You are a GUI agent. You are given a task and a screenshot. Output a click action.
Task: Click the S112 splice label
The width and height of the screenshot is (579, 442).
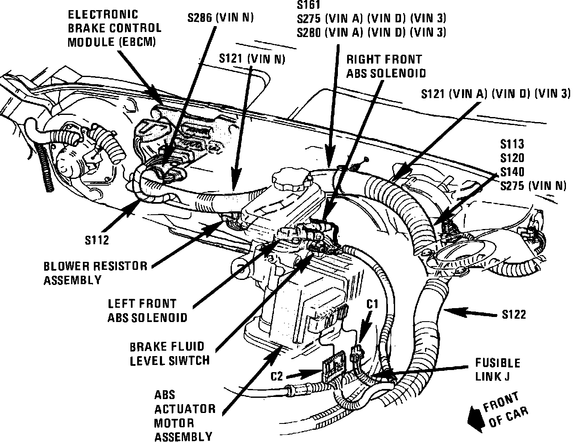[x=97, y=240]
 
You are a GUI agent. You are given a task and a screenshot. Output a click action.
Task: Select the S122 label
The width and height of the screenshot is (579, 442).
[x=514, y=314]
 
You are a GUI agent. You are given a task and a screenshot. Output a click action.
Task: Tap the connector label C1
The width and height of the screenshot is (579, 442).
[x=372, y=304]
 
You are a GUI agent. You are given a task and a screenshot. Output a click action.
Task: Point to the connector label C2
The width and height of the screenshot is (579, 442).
[x=276, y=376]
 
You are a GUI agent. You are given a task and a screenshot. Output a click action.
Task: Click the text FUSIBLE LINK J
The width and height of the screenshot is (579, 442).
[x=497, y=369]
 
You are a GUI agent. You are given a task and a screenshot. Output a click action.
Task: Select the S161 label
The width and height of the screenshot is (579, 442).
[x=308, y=5]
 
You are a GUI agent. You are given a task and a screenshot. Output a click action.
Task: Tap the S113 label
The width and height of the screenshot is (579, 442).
[x=512, y=144]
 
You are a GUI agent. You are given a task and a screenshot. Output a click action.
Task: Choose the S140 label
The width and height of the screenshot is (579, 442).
[x=512, y=172]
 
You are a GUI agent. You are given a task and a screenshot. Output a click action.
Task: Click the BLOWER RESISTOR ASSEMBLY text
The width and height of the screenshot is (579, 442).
[x=96, y=273]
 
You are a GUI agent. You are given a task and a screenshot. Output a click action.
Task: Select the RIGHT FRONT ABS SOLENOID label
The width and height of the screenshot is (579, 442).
[x=385, y=66]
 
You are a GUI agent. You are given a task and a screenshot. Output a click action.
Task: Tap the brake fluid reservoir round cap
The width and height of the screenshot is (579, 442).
[x=292, y=180]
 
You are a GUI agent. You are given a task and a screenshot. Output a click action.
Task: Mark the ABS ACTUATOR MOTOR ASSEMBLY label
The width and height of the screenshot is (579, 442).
[x=184, y=416]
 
